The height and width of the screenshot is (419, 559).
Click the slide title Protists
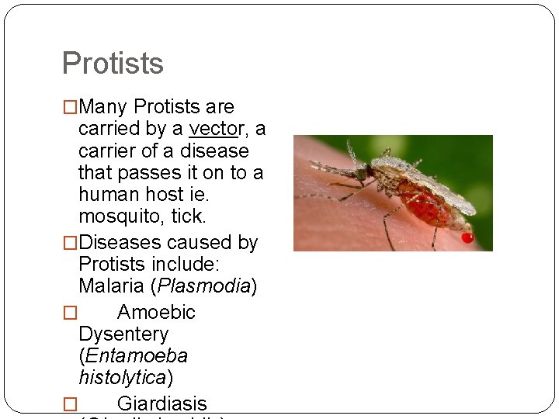[113, 64]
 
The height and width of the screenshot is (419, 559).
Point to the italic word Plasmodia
[203, 286]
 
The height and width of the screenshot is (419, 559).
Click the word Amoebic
[156, 313]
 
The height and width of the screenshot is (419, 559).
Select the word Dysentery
[123, 334]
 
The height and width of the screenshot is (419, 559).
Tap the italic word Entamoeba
[137, 356]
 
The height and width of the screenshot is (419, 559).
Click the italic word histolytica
[123, 378]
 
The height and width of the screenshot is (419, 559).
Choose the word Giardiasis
[162, 403]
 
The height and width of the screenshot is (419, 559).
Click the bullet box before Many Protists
[70, 107]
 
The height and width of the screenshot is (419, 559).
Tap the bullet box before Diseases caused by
[70, 244]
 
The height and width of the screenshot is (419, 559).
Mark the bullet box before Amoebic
[70, 313]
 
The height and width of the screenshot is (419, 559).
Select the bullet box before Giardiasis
[70, 404]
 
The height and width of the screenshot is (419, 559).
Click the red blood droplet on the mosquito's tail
[467, 237]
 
